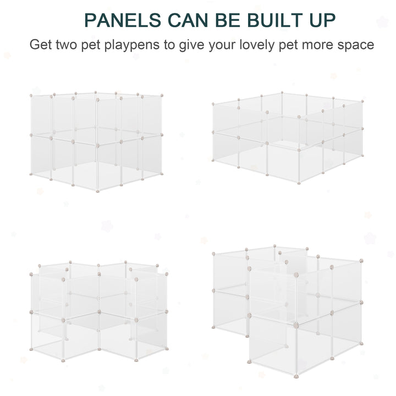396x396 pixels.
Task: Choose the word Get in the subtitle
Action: tap(40, 44)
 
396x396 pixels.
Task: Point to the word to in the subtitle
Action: tap(168, 44)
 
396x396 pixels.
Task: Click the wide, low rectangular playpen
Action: tap(288, 137)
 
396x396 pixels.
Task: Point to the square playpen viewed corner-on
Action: tap(96, 140)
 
